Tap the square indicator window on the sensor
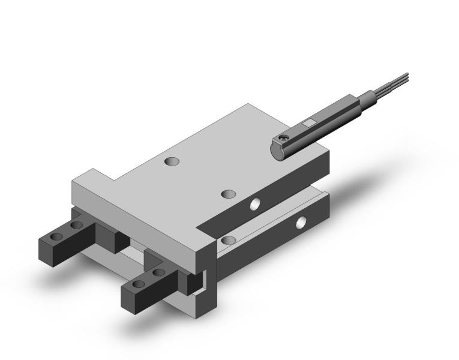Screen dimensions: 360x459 309,124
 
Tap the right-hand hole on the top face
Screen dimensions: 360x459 227,194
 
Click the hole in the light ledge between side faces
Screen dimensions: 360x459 227,240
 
